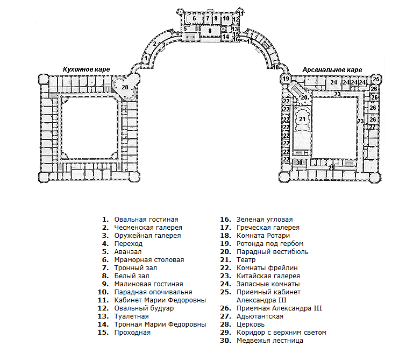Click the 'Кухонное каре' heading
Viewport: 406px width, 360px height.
[x=86, y=69]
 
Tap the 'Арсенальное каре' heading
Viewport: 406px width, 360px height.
[x=332, y=70]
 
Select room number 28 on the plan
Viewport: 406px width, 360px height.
[x=125, y=87]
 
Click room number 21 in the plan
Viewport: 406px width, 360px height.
[x=302, y=119]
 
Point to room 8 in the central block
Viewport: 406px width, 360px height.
[x=210, y=31]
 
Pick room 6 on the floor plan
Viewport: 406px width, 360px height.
[x=194, y=18]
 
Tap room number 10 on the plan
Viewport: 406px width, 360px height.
[x=226, y=18]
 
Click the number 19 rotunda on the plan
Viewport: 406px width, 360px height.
[x=286, y=79]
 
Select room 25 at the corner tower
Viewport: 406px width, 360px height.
[x=376, y=79]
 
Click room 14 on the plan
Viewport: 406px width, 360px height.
[x=225, y=37]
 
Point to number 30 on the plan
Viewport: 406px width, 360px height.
[x=300, y=163]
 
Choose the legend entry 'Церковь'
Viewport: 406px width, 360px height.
[x=251, y=324]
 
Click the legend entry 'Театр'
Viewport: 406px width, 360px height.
[x=246, y=260]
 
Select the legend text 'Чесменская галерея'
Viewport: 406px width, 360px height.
[x=148, y=228]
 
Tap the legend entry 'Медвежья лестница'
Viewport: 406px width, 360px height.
[x=270, y=341]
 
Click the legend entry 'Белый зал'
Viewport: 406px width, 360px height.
[x=132, y=276]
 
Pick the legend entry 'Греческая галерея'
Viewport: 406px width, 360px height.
[x=268, y=228]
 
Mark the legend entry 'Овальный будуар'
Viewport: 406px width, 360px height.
[x=144, y=308]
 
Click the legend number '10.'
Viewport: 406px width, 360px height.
[x=103, y=292]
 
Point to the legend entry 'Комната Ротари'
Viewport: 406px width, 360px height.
[x=263, y=236]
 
